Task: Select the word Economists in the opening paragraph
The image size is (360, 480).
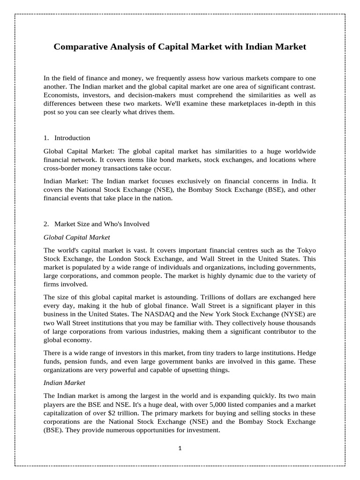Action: [x=60, y=96]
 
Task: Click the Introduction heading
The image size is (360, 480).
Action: [x=72, y=138]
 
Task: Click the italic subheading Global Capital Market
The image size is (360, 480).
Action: [x=77, y=237]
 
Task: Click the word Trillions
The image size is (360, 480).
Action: [x=225, y=297]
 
